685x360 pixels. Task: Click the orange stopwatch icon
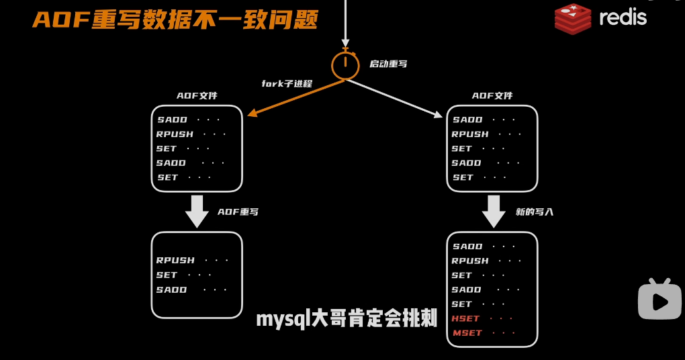(345, 64)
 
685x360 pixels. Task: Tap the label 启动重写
(388, 64)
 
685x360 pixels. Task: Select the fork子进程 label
(287, 84)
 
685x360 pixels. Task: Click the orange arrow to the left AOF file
(295, 98)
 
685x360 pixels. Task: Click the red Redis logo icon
(572, 18)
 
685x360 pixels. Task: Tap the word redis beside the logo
(623, 17)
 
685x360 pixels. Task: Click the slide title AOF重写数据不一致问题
(175, 19)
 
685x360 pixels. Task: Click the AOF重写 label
(238, 212)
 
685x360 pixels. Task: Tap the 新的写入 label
(535, 212)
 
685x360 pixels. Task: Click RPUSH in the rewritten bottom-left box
(175, 261)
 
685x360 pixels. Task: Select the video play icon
(659, 300)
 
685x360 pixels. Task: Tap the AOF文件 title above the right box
(492, 96)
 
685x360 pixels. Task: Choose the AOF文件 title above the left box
(197, 96)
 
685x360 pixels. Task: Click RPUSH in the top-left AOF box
(175, 134)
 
